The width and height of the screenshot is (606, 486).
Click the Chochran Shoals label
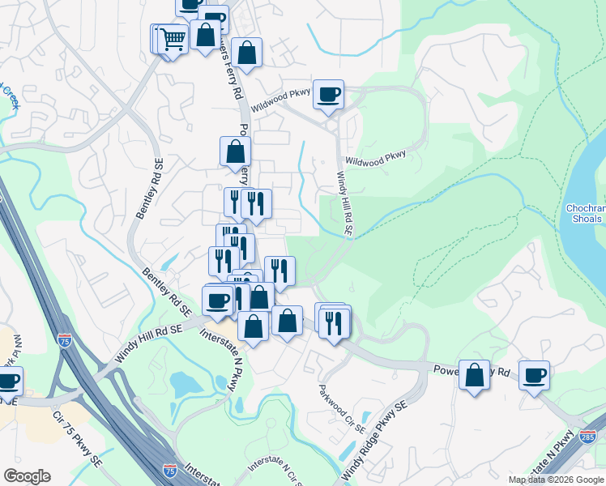(x=583, y=213)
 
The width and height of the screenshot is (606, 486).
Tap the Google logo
(x=27, y=476)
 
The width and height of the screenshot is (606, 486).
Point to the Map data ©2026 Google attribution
(x=556, y=480)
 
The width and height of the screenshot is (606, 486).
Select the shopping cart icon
(x=172, y=37)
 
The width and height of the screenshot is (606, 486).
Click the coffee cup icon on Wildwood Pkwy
(x=328, y=94)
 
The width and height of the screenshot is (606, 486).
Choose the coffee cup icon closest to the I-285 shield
(x=535, y=374)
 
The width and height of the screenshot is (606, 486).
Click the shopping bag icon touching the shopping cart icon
(x=206, y=36)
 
